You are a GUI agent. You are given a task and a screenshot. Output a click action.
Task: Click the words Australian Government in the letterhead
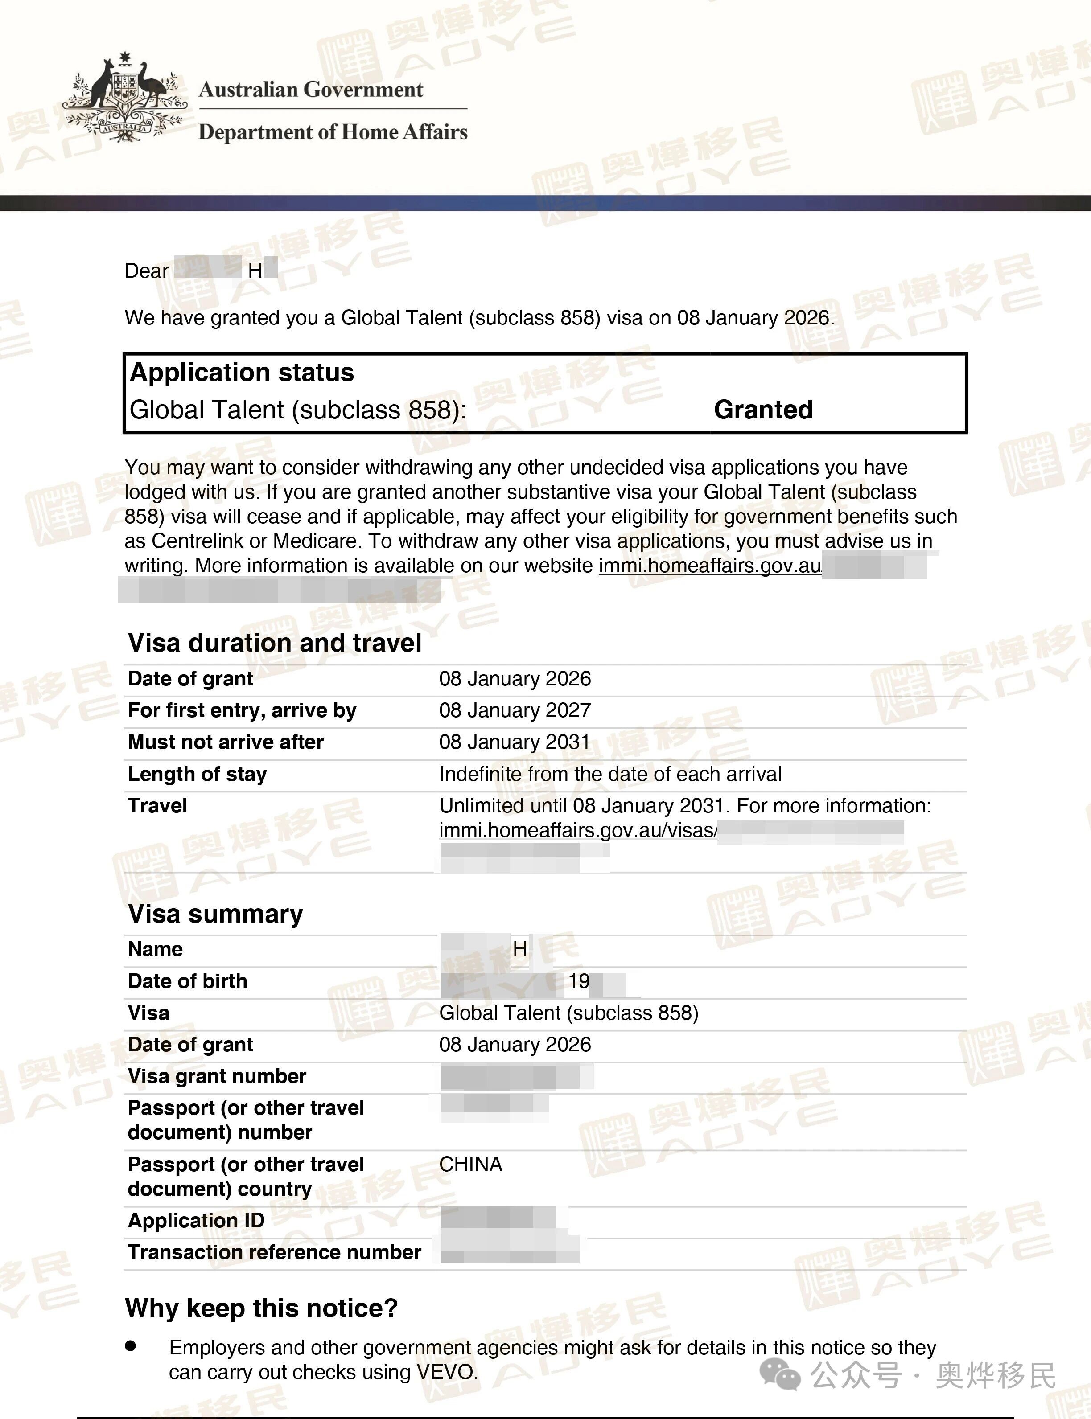(310, 90)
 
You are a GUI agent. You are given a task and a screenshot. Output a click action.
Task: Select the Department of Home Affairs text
(333, 132)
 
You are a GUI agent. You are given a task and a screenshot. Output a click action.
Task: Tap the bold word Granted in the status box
(763, 410)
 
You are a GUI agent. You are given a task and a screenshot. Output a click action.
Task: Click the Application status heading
(242, 373)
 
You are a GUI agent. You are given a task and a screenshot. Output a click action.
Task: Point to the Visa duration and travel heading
(275, 643)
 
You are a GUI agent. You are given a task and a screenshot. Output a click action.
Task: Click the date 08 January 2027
(515, 710)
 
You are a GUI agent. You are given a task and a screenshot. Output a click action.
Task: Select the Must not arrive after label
(225, 742)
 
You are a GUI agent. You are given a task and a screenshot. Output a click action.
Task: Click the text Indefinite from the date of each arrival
(610, 774)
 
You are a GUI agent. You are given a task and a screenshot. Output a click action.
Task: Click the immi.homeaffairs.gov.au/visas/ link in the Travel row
(578, 830)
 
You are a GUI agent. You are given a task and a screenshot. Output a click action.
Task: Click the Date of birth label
(188, 981)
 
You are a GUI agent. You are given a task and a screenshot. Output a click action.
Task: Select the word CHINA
(471, 1165)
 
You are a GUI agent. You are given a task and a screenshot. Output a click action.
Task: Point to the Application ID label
(196, 1220)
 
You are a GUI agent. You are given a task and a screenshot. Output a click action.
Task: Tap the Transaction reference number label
(275, 1252)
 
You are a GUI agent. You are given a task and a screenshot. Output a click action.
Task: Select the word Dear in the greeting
(147, 271)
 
